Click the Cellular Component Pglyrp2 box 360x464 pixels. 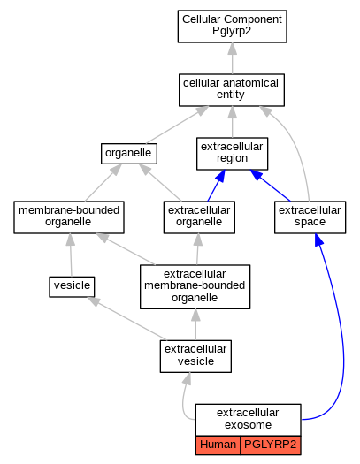pyautogui.click(x=232, y=27)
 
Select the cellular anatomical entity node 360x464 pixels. pyautogui.click(x=232, y=90)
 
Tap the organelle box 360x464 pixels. pyautogui.click(x=129, y=154)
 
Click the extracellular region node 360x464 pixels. pyautogui.click(x=232, y=154)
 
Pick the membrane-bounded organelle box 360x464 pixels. pyautogui.click(x=69, y=217)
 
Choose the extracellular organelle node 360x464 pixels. pyautogui.click(x=199, y=217)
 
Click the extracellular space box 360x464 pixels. pyautogui.click(x=310, y=217)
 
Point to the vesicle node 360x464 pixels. pyautogui.click(x=72, y=286)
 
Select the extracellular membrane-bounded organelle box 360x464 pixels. pyautogui.click(x=195, y=286)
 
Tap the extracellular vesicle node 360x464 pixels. pyautogui.click(x=195, y=356)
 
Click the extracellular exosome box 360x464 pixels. pyautogui.click(x=248, y=420)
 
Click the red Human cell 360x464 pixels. pyautogui.click(x=218, y=445)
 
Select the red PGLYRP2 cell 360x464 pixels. pyautogui.click(x=271, y=445)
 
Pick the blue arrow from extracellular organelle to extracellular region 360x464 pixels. pyautogui.click(x=216, y=186)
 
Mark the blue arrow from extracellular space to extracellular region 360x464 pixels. pyautogui.click(x=270, y=186)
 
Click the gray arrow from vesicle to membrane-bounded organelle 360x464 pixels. pyautogui.click(x=71, y=255)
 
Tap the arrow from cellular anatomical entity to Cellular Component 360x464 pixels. pyautogui.click(x=232, y=58)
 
